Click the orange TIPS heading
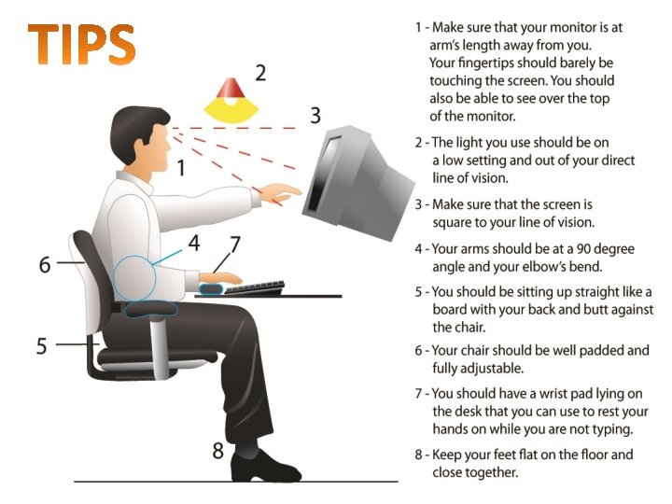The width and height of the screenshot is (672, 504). [x=81, y=44]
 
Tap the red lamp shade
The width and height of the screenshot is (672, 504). [x=231, y=88]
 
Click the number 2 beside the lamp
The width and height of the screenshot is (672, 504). [x=260, y=73]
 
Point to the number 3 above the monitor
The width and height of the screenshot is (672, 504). [x=315, y=116]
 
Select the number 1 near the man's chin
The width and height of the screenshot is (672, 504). [x=182, y=168]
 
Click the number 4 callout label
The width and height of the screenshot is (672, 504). [x=194, y=243]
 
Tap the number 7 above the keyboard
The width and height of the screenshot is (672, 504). [x=235, y=245]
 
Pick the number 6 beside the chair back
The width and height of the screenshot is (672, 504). [x=45, y=264]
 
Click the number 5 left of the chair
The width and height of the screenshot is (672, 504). [x=42, y=346]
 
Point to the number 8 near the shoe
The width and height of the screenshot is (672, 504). [x=218, y=451]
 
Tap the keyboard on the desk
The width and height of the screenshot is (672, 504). [x=254, y=288]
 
